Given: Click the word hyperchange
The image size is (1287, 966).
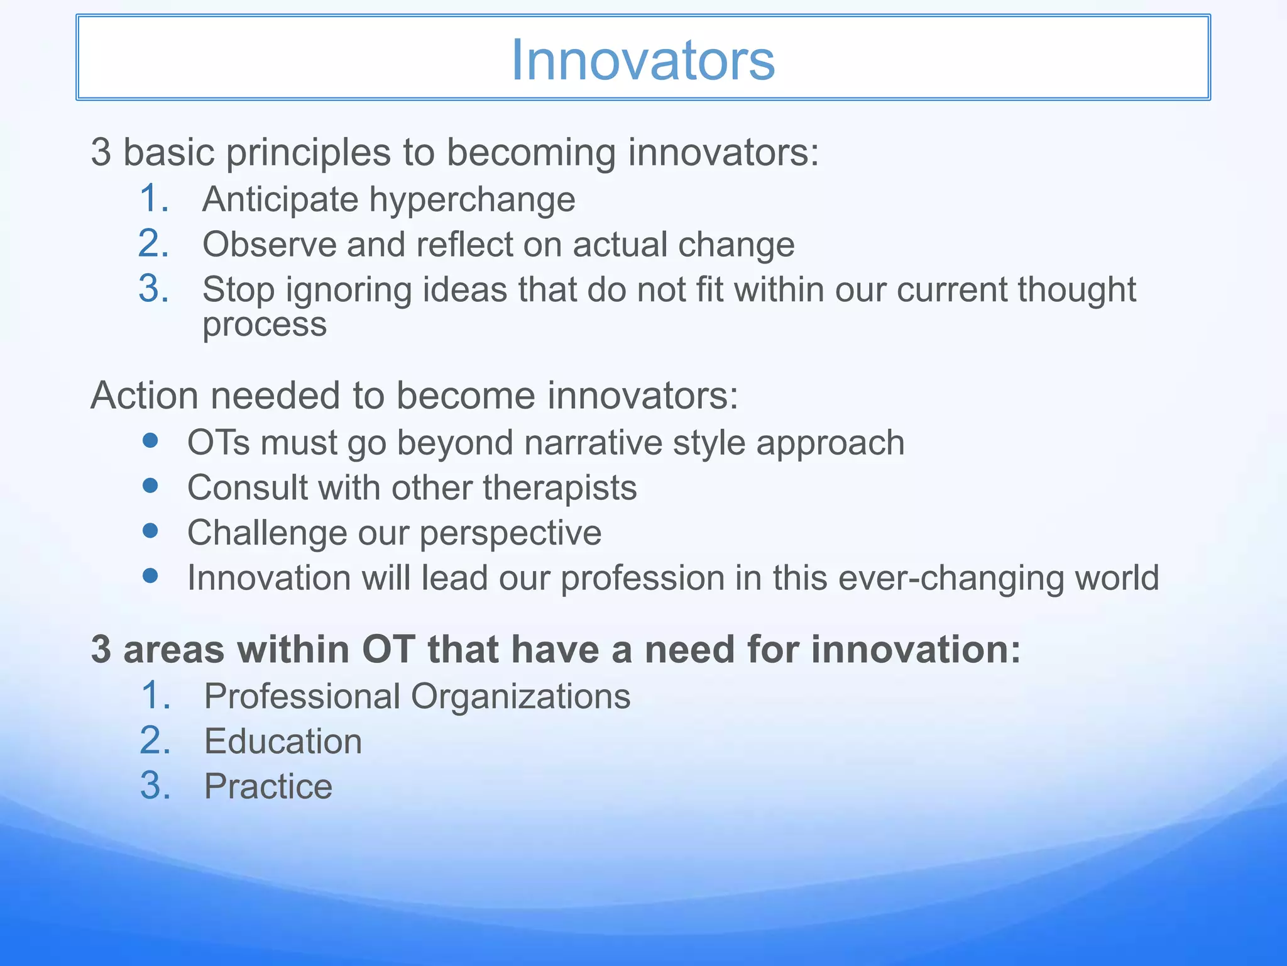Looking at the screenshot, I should [472, 200].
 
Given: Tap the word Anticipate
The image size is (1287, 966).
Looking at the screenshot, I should [280, 200].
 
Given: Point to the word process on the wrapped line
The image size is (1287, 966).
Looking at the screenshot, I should [265, 325].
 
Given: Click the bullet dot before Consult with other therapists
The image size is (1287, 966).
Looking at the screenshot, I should [150, 486].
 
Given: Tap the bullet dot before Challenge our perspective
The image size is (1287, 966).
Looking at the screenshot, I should [150, 531].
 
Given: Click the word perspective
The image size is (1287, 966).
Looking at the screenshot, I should [510, 533].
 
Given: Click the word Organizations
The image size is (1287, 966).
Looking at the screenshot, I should [520, 696].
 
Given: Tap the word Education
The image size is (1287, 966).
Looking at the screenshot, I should [283, 741].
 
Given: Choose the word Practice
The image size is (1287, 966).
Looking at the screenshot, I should [268, 786].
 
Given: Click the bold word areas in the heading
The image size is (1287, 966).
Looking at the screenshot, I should [174, 650].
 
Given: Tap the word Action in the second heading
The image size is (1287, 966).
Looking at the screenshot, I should [145, 396].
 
